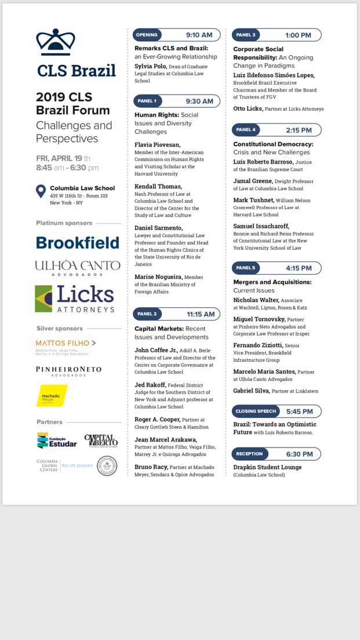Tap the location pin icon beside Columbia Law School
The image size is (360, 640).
pyautogui.click(x=41, y=191)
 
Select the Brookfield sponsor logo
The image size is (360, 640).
pyautogui.click(x=77, y=242)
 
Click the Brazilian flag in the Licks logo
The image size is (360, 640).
pyautogui.click(x=43, y=299)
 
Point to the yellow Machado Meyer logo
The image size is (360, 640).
pyautogui.click(x=52, y=395)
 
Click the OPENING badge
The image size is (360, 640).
pyautogui.click(x=147, y=35)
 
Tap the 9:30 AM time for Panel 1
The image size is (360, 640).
pyautogui.click(x=199, y=101)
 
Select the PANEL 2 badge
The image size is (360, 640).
pyautogui.click(x=147, y=314)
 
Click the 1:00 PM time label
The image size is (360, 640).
pyautogui.click(x=298, y=35)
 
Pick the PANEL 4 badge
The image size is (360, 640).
pyautogui.click(x=246, y=130)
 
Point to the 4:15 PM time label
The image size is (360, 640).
pyautogui.click(x=299, y=268)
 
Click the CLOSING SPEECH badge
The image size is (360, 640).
pyautogui.click(x=256, y=412)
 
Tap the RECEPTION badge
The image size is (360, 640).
pyautogui.click(x=249, y=454)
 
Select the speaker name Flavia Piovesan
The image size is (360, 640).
pyautogui.click(x=157, y=144)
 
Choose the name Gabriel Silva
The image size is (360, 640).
pyautogui.click(x=251, y=391)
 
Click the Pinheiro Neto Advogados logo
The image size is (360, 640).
pyautogui.click(x=68, y=370)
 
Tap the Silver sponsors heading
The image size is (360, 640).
pyautogui.click(x=59, y=329)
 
